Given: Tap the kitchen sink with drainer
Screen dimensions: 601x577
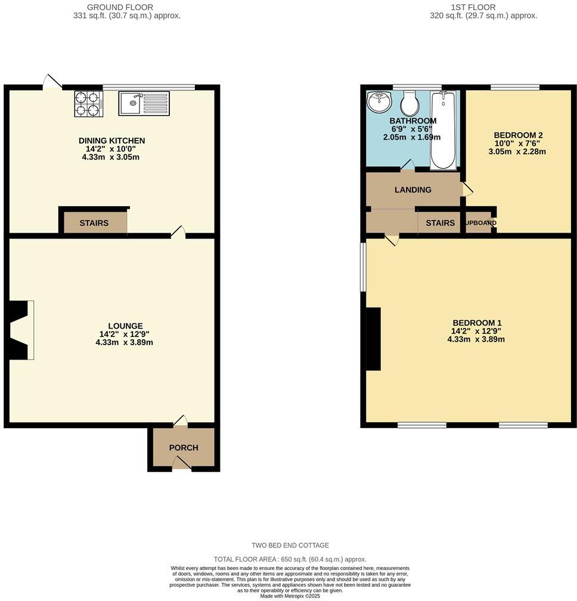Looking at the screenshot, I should click(x=144, y=103).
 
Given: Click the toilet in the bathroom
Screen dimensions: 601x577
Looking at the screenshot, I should click(x=410, y=104).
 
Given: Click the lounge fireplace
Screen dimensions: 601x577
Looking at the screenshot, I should click(x=20, y=330).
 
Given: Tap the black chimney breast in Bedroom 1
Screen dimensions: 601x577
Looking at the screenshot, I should click(x=373, y=339).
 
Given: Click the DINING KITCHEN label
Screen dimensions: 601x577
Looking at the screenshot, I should click(x=111, y=141).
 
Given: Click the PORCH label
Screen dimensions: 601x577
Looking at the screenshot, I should click(x=183, y=448).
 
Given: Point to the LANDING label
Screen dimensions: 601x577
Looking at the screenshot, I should click(x=412, y=190).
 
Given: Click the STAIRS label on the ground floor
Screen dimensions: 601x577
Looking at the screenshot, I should click(x=94, y=223).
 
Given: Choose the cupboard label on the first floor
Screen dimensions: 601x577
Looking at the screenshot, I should click(x=480, y=223).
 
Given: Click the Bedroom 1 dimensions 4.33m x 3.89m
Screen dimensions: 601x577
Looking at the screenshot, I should click(x=476, y=339).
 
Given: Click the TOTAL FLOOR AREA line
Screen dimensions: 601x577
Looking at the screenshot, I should click(x=290, y=560).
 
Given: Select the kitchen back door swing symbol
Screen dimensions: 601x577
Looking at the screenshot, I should click(x=53, y=82).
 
